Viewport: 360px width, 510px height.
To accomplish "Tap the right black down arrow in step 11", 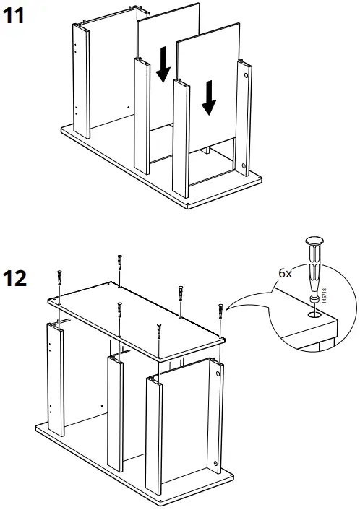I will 209,98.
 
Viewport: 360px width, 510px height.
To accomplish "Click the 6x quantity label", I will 286,275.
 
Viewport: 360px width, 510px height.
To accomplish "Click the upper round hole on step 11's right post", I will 247,74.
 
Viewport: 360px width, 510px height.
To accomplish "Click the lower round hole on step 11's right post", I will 245,170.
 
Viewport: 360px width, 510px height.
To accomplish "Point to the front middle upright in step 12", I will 115,412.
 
